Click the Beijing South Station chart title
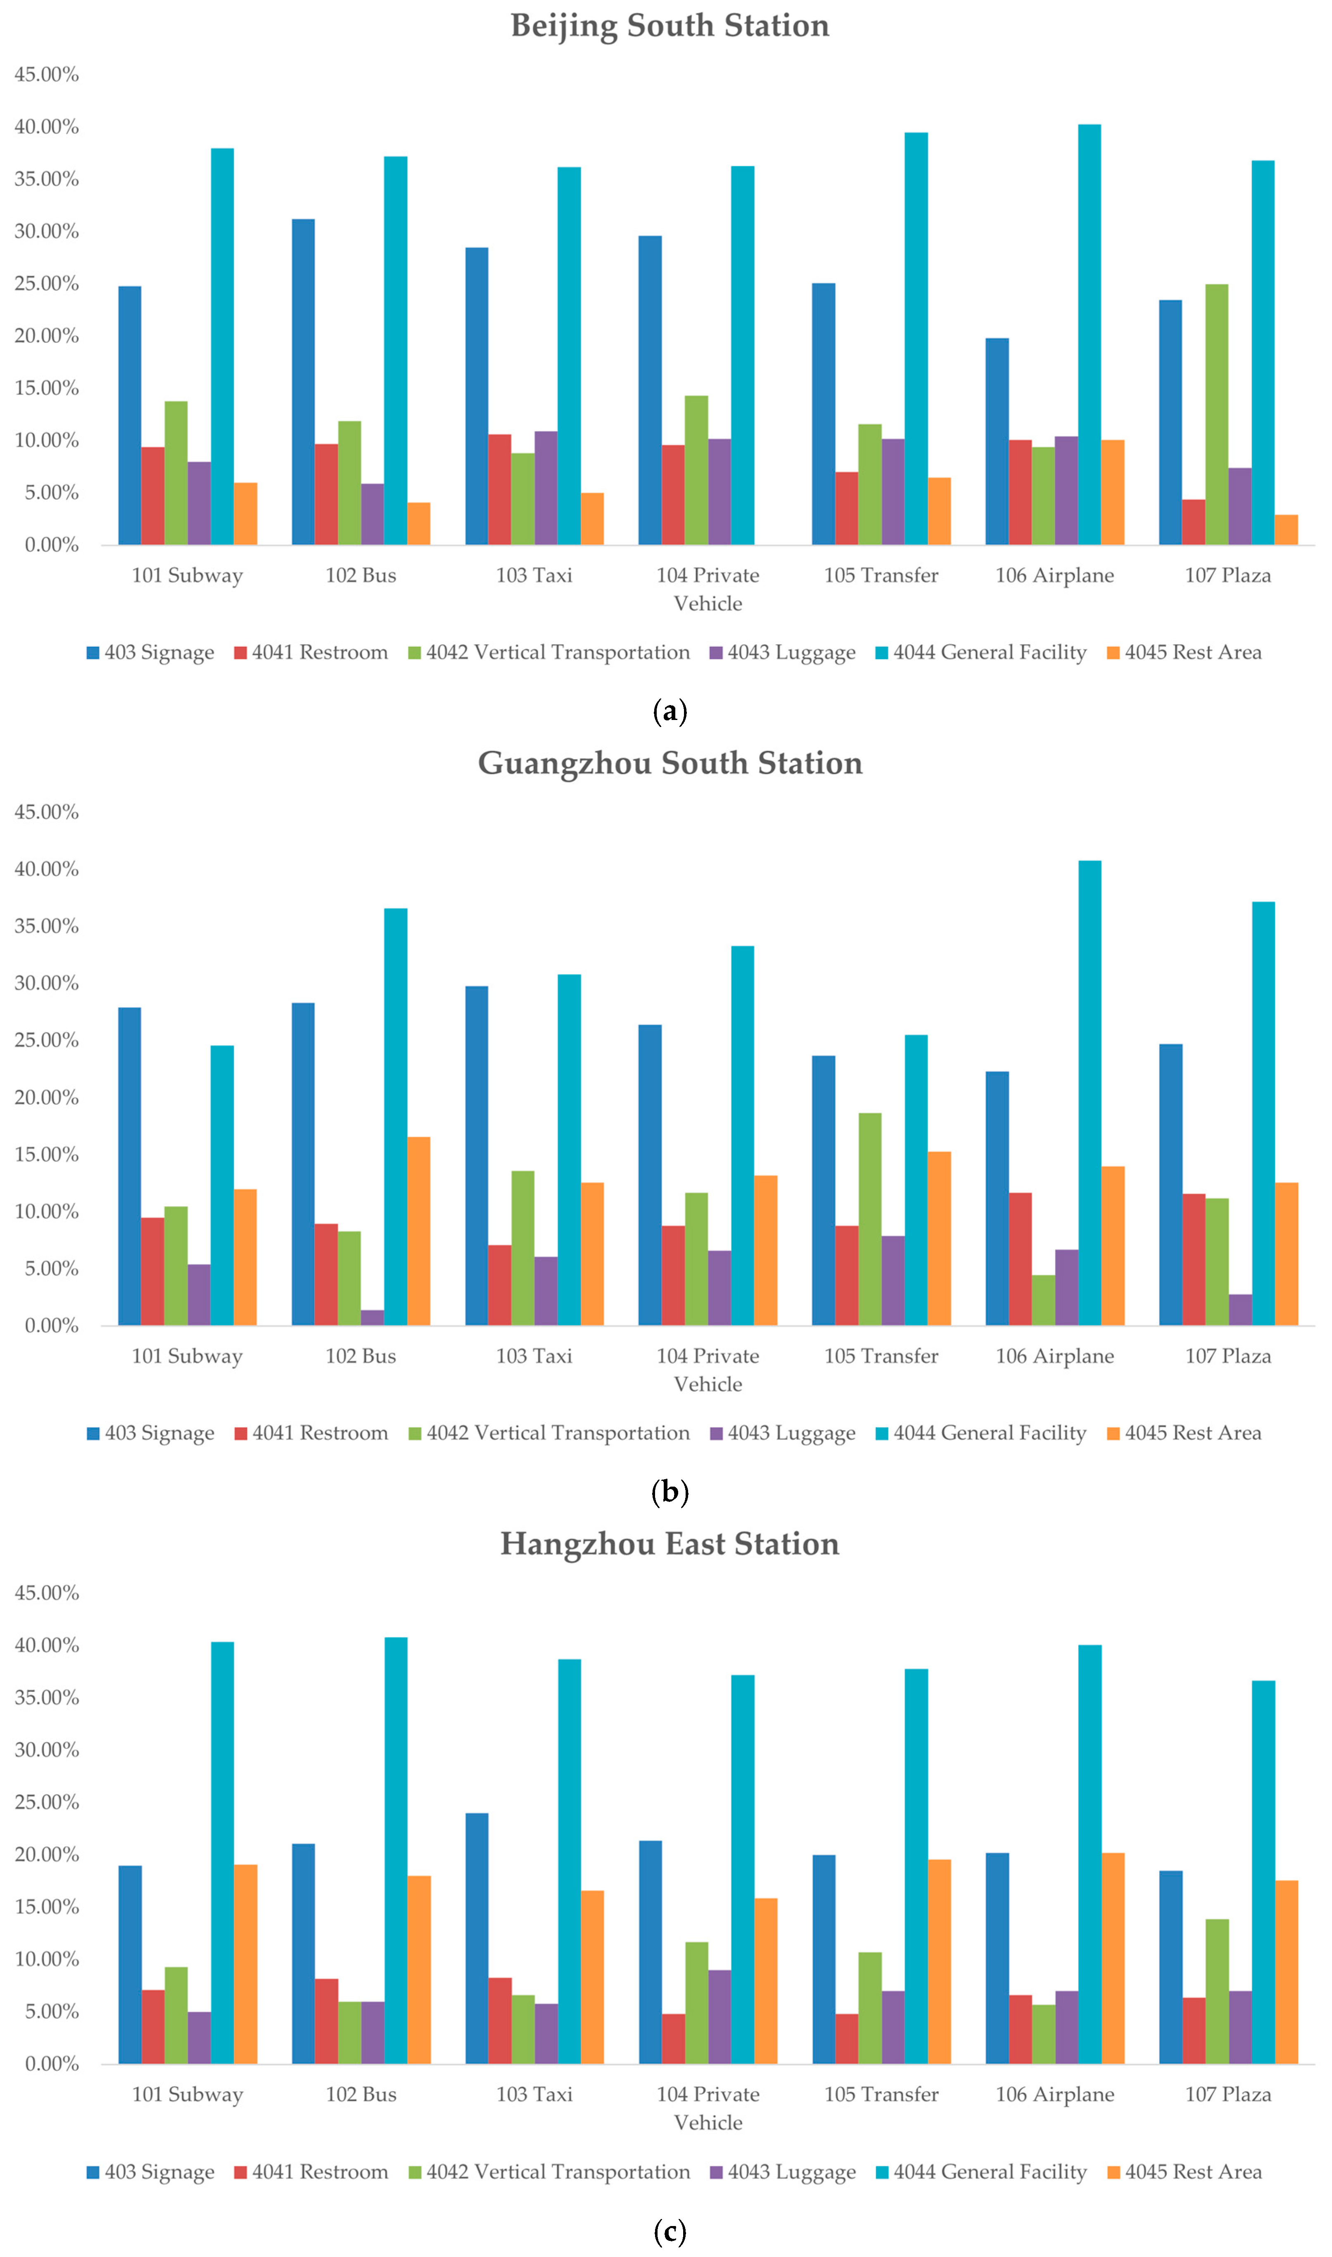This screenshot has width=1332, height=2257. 670,25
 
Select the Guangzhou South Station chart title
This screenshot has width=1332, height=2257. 670,763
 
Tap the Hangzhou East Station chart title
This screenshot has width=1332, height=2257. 670,1544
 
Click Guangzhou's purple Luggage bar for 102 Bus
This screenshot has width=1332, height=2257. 373,1317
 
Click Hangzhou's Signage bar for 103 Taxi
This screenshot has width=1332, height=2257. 477,1939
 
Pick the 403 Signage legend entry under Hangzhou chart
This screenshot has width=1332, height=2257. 151,2172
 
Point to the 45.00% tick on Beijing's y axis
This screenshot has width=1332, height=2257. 47,74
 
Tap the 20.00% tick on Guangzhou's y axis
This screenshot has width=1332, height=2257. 47,1098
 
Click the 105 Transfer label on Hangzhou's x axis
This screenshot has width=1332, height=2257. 881,2095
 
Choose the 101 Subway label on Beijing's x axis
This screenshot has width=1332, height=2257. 188,575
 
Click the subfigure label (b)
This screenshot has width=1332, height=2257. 670,1492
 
